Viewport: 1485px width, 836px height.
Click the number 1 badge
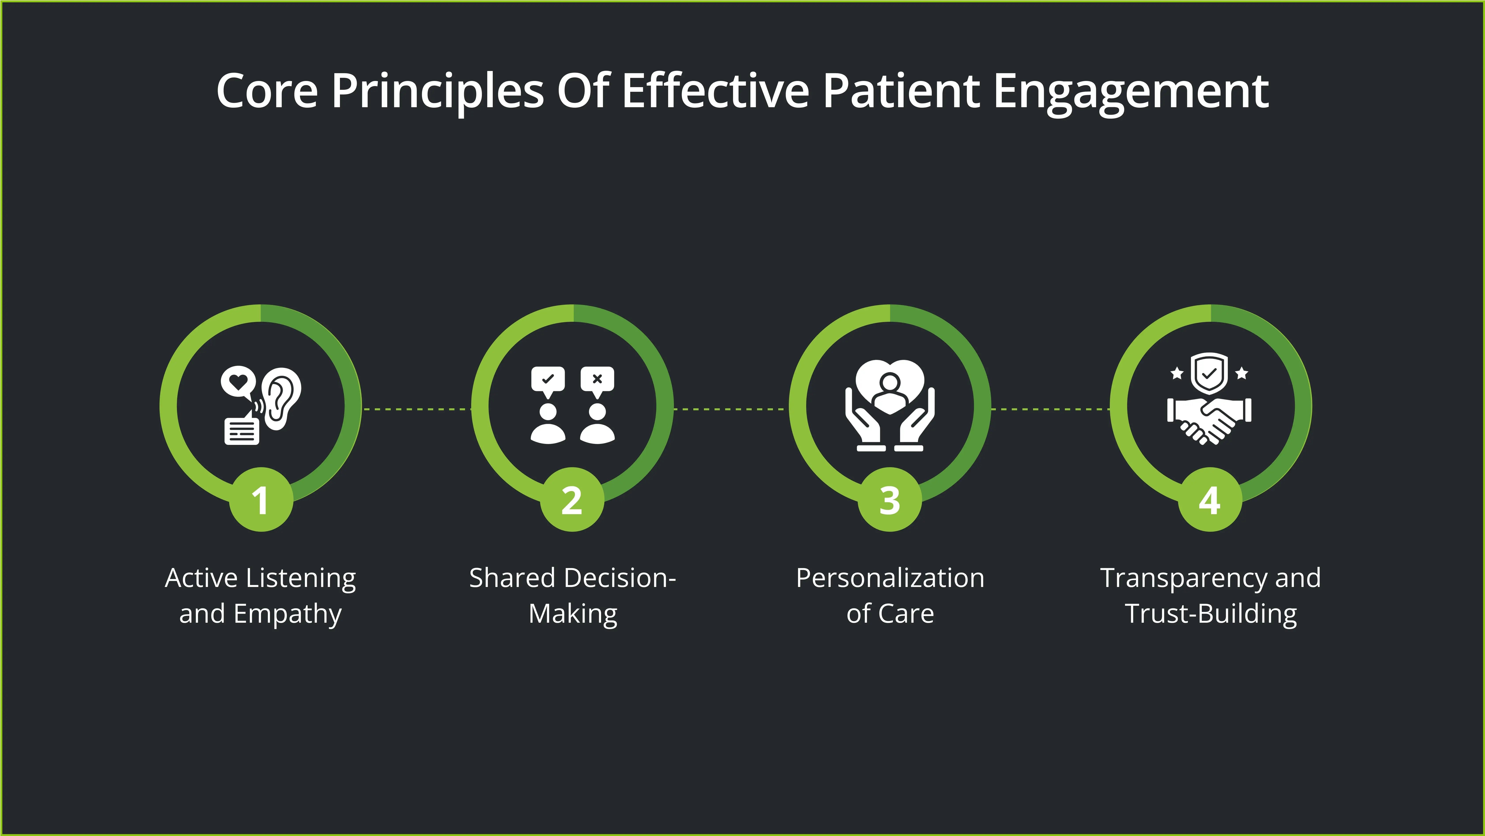click(x=261, y=499)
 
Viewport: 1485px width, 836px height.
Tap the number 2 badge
click(x=572, y=499)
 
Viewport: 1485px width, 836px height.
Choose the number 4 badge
click(x=1210, y=499)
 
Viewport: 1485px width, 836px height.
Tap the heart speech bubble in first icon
click(x=238, y=382)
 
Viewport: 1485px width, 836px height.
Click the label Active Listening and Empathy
click(x=261, y=596)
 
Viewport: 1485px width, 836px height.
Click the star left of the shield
click(x=1177, y=374)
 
